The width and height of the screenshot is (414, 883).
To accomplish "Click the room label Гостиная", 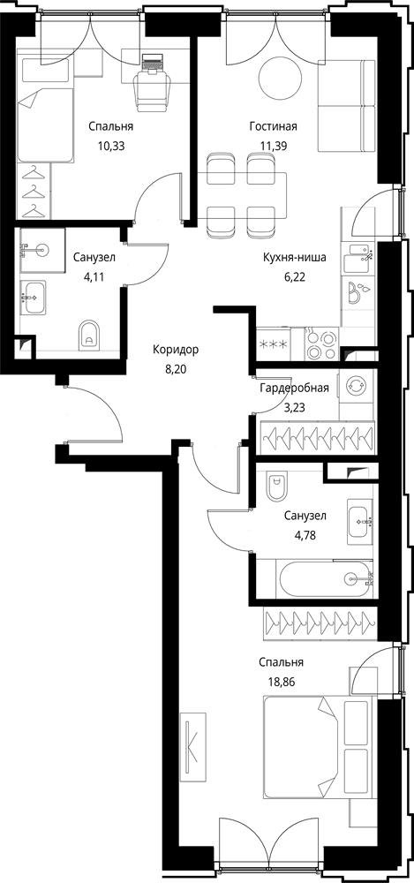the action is (x=273, y=126).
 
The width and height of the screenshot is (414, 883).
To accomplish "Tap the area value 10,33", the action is (x=111, y=147).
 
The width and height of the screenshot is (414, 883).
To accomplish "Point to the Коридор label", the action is (x=176, y=350).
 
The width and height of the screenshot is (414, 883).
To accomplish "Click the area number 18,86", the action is (x=282, y=680).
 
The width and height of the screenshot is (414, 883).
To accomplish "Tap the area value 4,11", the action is (x=94, y=277).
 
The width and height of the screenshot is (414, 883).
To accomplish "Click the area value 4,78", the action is (x=305, y=535).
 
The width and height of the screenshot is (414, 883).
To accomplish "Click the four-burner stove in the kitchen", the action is (x=323, y=344).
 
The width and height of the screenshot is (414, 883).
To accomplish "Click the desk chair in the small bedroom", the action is (x=153, y=90).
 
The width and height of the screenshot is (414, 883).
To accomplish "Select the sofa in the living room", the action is (x=346, y=105).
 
